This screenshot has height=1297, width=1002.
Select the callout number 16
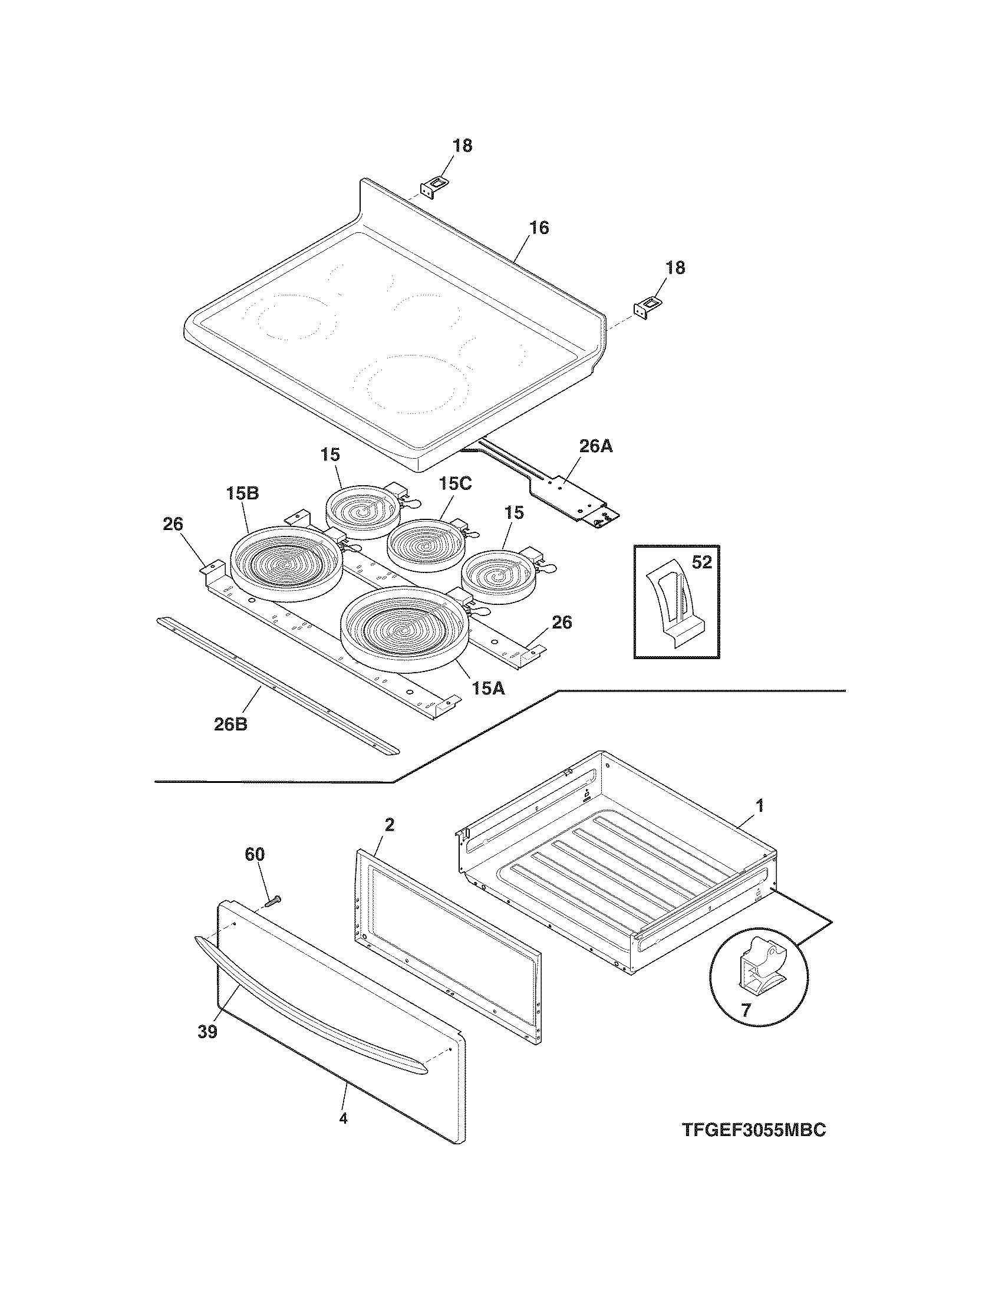tap(539, 228)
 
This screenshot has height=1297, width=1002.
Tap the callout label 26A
tap(596, 446)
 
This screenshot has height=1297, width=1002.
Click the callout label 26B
tap(230, 724)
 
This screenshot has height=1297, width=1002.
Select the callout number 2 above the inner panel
tap(390, 824)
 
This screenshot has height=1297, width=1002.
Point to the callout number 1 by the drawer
tap(759, 806)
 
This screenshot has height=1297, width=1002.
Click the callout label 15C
tap(455, 483)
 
